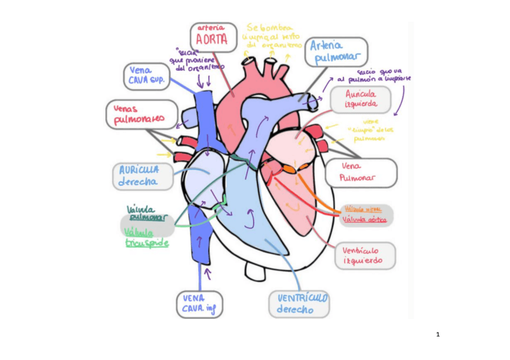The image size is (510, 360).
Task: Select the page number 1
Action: pos(438,334)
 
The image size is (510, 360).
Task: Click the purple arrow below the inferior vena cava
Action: pos(207,275)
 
